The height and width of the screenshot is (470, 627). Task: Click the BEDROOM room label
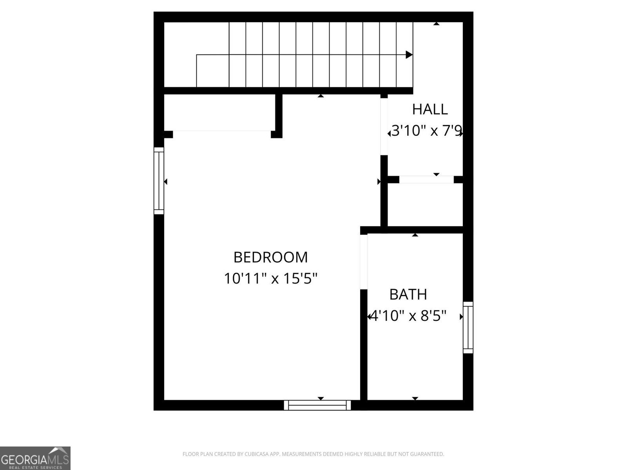click(x=270, y=257)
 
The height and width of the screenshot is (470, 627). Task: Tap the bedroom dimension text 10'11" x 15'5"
click(x=270, y=279)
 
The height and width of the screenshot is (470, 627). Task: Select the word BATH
click(x=408, y=295)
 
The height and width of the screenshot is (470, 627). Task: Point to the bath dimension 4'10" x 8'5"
click(x=408, y=316)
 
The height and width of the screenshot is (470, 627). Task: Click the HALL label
click(x=429, y=109)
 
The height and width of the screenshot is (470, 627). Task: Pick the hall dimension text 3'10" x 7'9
click(x=426, y=131)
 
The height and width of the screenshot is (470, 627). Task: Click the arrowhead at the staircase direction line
click(x=409, y=55)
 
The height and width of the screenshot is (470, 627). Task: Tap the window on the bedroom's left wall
click(x=159, y=181)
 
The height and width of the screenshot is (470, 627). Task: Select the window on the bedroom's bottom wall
click(x=317, y=405)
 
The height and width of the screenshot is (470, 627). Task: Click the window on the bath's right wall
click(x=468, y=327)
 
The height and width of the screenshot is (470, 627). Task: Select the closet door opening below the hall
click(x=426, y=180)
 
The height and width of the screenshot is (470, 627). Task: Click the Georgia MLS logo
click(x=35, y=458)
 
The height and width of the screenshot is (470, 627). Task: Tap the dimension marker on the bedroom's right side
click(x=379, y=182)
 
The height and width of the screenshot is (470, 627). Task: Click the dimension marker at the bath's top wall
click(x=415, y=235)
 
